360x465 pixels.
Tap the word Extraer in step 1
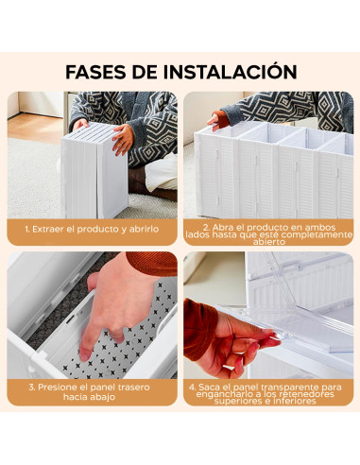(55, 229)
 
